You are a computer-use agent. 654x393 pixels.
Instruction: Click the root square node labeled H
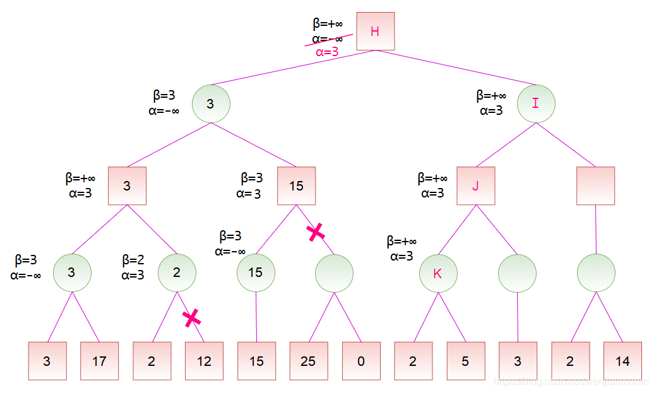pos(375,32)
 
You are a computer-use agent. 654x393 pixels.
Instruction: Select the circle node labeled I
pos(535,103)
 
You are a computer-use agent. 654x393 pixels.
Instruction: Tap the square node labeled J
pos(475,186)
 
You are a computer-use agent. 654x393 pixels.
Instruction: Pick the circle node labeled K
pos(437,273)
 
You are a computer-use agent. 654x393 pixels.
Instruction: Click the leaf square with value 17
pos(99,361)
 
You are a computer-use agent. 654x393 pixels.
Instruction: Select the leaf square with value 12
pos(204,361)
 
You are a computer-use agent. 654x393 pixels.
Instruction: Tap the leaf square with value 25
pos(308,361)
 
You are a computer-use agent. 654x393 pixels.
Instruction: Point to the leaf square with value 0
pos(361,361)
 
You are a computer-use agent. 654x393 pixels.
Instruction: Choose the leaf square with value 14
pos(622,361)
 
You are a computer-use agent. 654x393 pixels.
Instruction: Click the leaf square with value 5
pos(465,361)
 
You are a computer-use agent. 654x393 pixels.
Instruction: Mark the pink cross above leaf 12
pos(191,318)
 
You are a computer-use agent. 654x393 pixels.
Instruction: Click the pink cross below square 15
pos(316,232)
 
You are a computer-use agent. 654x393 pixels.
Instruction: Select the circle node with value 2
pos(177,273)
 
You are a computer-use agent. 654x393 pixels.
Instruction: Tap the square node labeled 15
pos(296,186)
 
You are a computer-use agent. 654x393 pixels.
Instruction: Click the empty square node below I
pos(595,186)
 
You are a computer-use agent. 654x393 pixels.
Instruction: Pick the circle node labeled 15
pos(256,273)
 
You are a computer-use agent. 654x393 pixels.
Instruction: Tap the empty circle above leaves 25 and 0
pos(334,273)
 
